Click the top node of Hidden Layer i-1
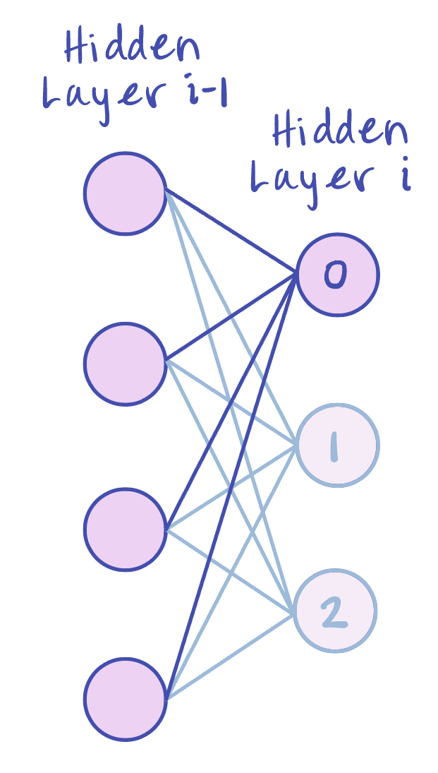125,193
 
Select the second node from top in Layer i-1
125,364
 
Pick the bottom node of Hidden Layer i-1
125,699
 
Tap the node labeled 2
336,611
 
